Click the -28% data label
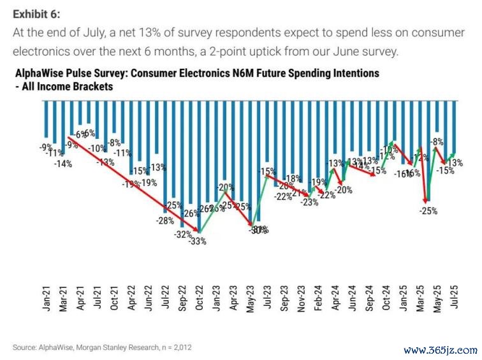[165, 220]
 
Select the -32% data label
[183, 234]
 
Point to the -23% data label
[309, 203]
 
